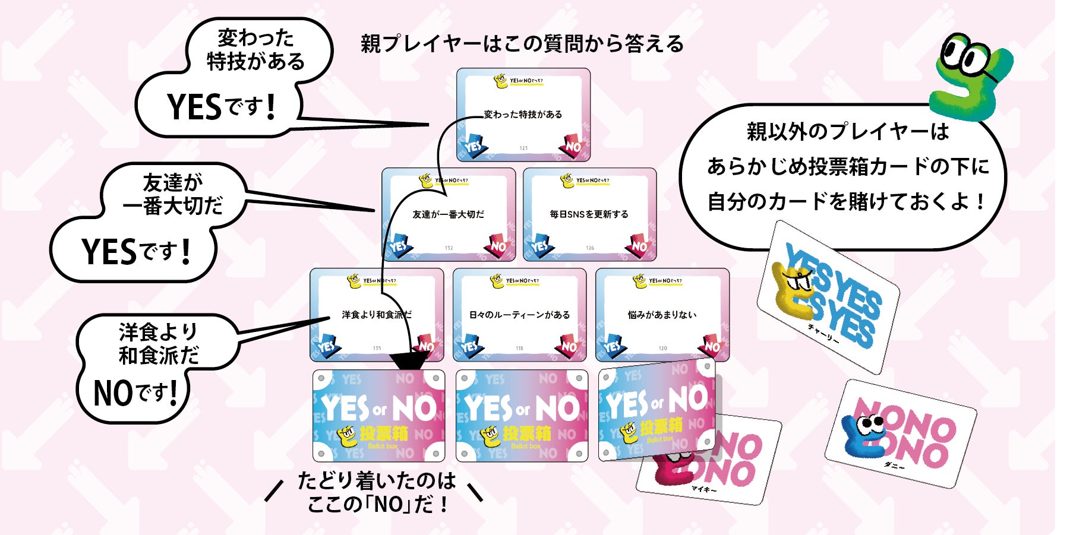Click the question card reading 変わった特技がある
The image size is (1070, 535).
523,114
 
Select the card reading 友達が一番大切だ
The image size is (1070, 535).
449,214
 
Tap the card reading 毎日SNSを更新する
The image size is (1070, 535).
589,214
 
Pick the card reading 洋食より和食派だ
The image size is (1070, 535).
377,315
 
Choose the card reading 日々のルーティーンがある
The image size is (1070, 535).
519,315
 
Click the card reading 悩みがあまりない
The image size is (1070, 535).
662,315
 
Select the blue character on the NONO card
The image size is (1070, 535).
864,439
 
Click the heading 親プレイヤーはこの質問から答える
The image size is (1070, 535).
522,44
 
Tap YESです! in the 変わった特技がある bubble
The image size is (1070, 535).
221,107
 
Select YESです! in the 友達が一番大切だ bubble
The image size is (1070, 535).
136,251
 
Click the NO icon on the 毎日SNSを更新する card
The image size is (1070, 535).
639,245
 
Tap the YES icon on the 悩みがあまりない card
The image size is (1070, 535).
613,345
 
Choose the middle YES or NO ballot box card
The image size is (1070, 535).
522,416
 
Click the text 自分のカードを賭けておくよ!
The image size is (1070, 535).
846,201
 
